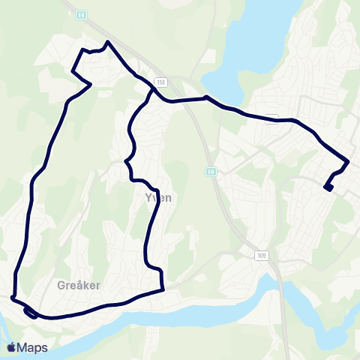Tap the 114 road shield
(x=160, y=82)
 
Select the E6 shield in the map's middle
(x=211, y=172)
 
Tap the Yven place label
(x=158, y=198)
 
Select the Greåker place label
(x=79, y=285)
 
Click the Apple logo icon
(x=11, y=347)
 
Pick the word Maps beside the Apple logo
(x=33, y=347)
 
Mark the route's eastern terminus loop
(x=328, y=187)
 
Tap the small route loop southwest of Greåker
(x=30, y=313)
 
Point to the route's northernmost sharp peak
(x=109, y=42)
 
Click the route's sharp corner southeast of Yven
(x=163, y=289)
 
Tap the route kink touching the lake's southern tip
(x=206, y=97)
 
